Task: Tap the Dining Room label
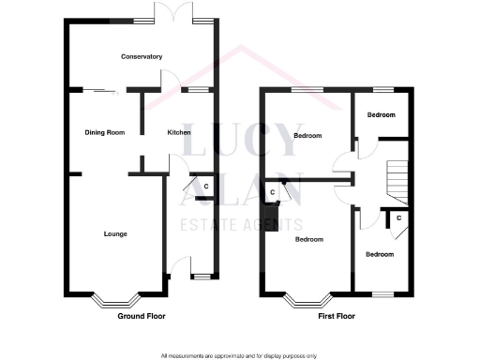pos(105,132)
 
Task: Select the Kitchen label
pos(179,132)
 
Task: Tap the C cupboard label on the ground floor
pos(206,187)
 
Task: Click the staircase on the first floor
pos(398,181)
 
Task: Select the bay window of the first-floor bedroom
pos(308,300)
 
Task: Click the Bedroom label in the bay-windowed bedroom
pos(309,239)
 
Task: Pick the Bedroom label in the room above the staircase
pos(381,115)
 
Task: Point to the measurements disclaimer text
pos(239,355)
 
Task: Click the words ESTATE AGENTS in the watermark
pos(240,225)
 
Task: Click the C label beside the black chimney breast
pos(272,192)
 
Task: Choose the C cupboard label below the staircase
pos(398,217)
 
